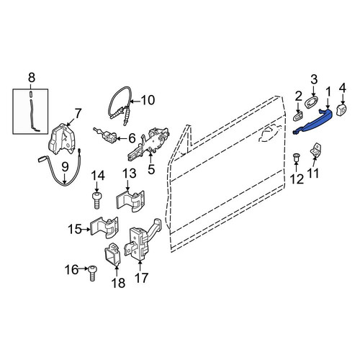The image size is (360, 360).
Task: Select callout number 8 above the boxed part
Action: (x=32, y=78)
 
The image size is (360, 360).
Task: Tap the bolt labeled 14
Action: (x=96, y=200)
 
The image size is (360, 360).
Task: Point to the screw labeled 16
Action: (x=92, y=273)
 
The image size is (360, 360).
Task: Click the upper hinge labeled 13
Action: (x=130, y=201)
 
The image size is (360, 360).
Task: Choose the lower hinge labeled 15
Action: (x=104, y=227)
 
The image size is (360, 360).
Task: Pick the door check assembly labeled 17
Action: (x=143, y=240)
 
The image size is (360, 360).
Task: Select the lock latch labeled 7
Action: (x=62, y=139)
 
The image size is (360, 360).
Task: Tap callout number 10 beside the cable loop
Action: (x=148, y=100)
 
